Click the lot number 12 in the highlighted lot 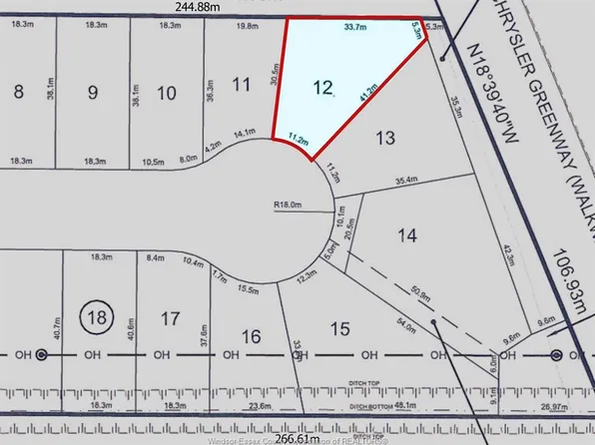click(x=321, y=89)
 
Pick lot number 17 click(x=170, y=318)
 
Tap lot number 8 click(x=17, y=93)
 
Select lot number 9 click(x=93, y=94)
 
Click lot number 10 click(x=167, y=94)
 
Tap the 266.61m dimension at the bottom click(x=297, y=438)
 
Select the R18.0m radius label click(x=288, y=208)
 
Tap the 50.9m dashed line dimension click(x=418, y=294)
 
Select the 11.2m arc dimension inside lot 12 click(x=297, y=138)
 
